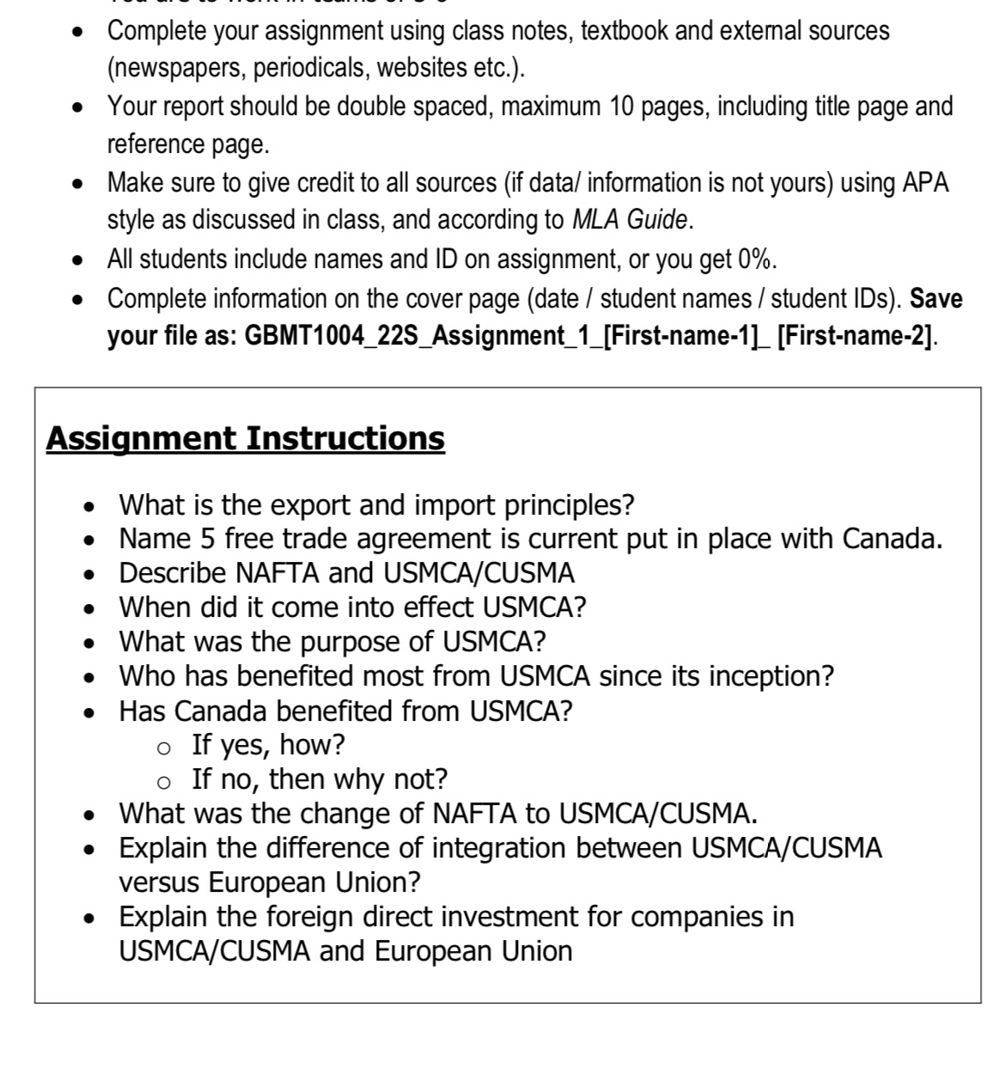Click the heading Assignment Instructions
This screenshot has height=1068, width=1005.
point(245,437)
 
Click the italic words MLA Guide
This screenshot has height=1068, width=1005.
point(630,220)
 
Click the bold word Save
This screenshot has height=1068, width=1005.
point(935,298)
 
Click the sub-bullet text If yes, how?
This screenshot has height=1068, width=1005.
point(268,744)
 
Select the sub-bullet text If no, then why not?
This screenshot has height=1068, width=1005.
point(320,778)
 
